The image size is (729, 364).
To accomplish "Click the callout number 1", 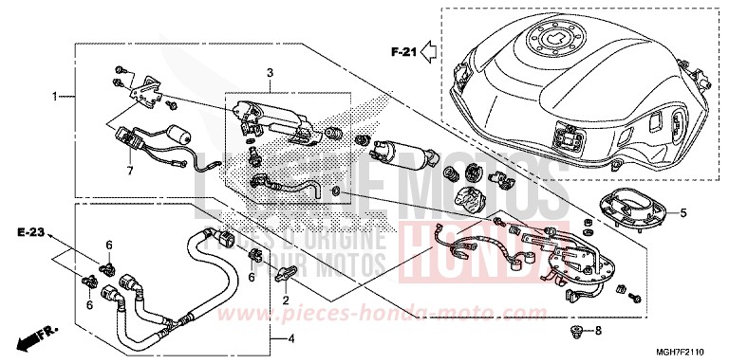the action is click(56, 96).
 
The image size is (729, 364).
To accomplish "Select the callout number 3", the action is click(269, 72).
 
